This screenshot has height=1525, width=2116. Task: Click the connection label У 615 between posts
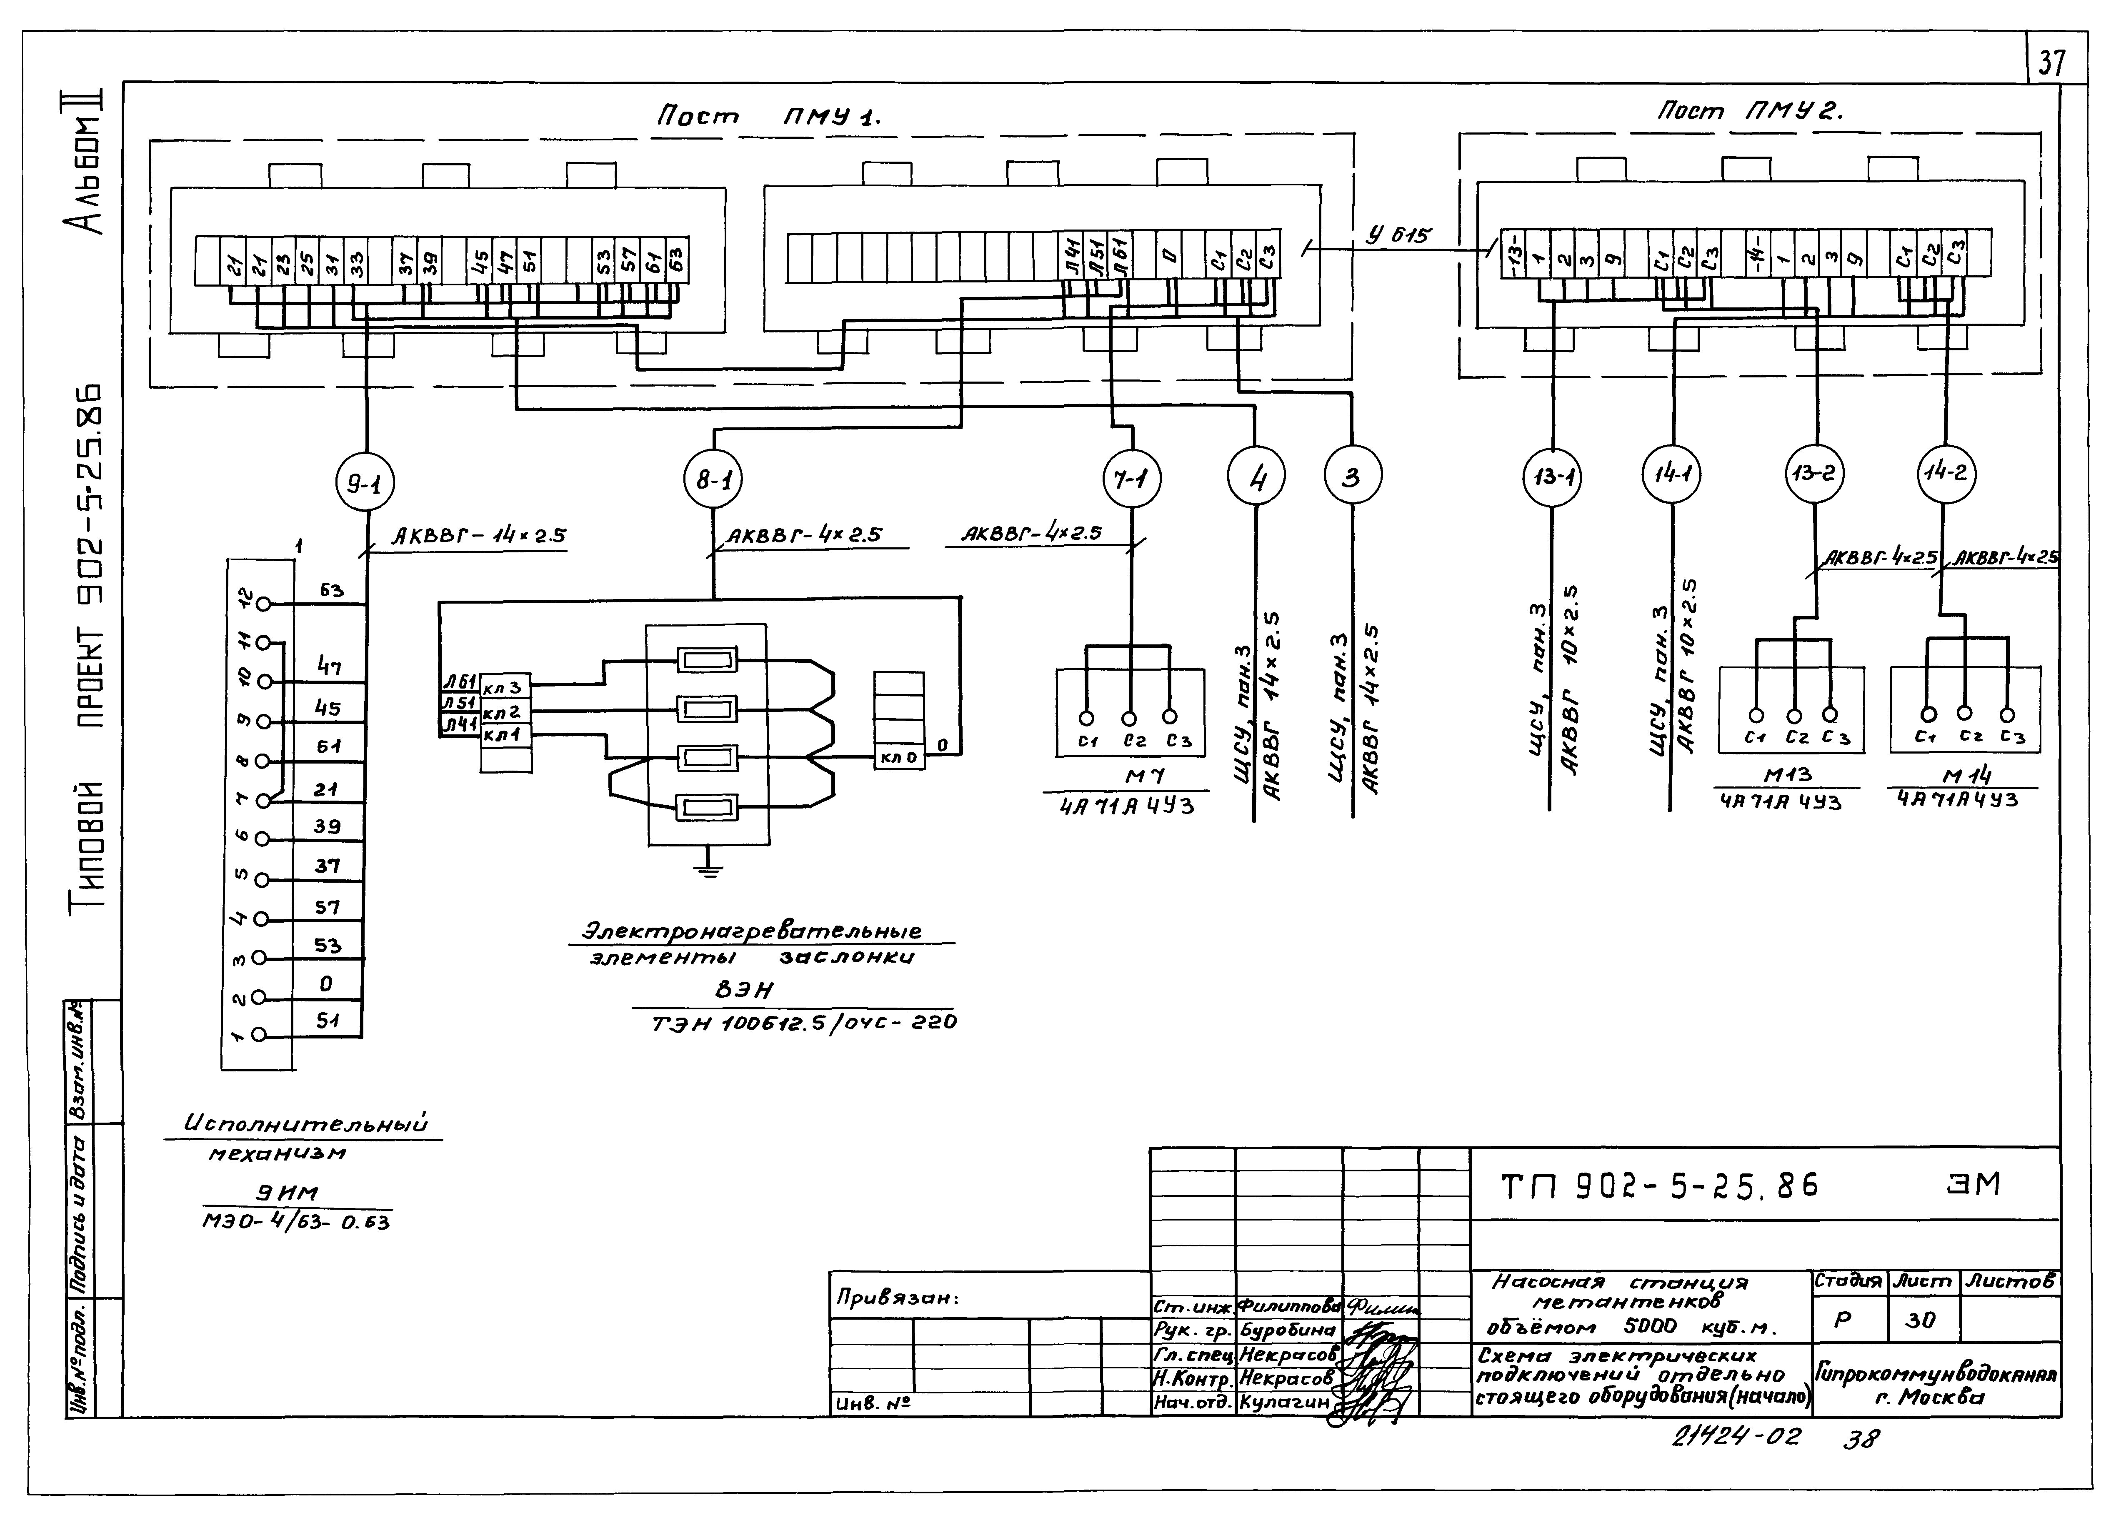point(1397,235)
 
